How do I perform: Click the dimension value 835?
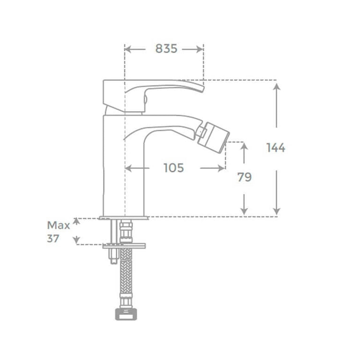[167, 48]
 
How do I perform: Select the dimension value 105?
[174, 168]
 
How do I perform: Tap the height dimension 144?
[276, 148]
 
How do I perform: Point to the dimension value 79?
[244, 177]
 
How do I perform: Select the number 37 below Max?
[53, 238]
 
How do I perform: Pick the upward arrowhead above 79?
[244, 146]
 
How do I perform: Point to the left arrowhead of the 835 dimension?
[128, 48]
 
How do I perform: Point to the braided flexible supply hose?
[126, 278]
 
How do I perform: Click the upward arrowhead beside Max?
[75, 222]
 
